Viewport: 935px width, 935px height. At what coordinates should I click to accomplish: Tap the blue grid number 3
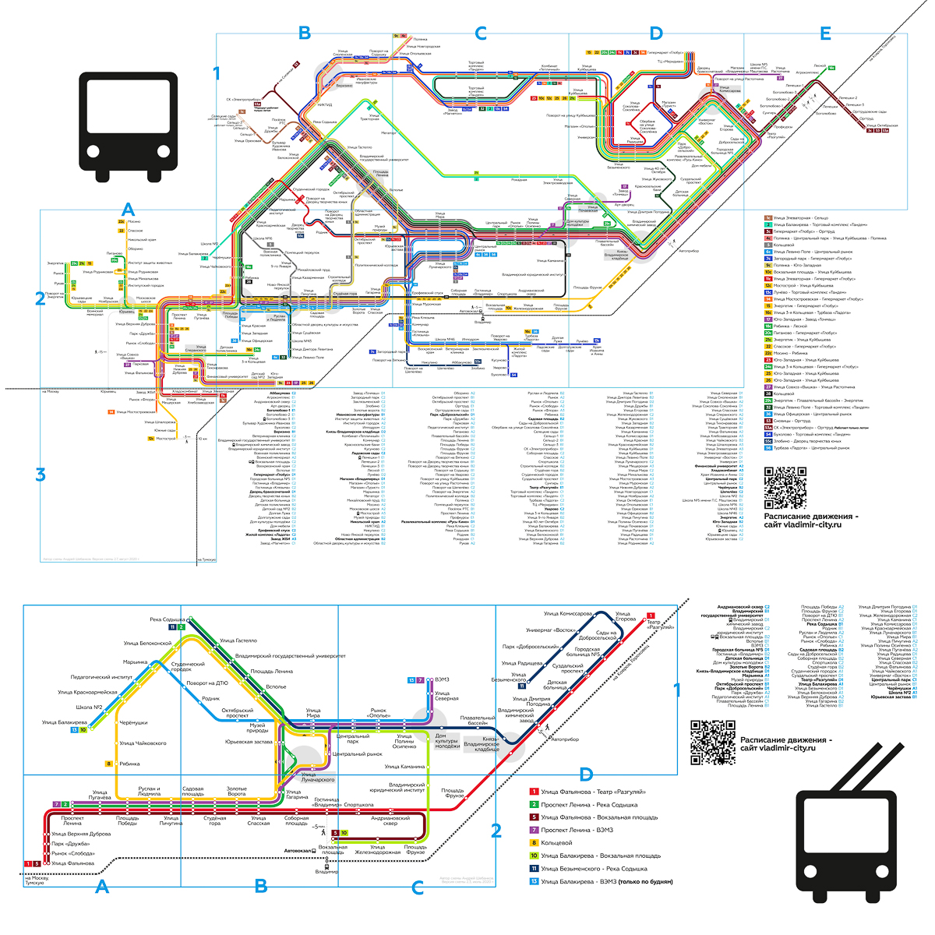[41, 474]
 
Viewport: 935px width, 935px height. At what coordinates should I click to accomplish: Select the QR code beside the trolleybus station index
[713, 742]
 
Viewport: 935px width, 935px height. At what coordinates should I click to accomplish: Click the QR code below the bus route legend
[785, 488]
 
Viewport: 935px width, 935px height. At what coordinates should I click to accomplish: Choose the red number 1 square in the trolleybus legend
[535, 792]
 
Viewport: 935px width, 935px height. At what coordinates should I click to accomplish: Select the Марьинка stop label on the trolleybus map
[135, 662]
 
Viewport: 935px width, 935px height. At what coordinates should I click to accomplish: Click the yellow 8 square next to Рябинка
[110, 764]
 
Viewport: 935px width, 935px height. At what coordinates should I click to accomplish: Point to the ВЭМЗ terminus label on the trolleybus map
[441, 680]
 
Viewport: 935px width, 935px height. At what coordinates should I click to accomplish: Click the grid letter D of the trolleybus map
[586, 774]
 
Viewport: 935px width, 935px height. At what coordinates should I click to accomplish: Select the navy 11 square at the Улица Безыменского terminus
[521, 686]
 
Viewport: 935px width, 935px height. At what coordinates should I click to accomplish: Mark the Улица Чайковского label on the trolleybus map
[145, 743]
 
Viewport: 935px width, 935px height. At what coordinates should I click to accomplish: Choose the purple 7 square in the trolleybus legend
[535, 830]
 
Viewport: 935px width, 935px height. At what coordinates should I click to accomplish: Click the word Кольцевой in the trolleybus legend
[560, 842]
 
